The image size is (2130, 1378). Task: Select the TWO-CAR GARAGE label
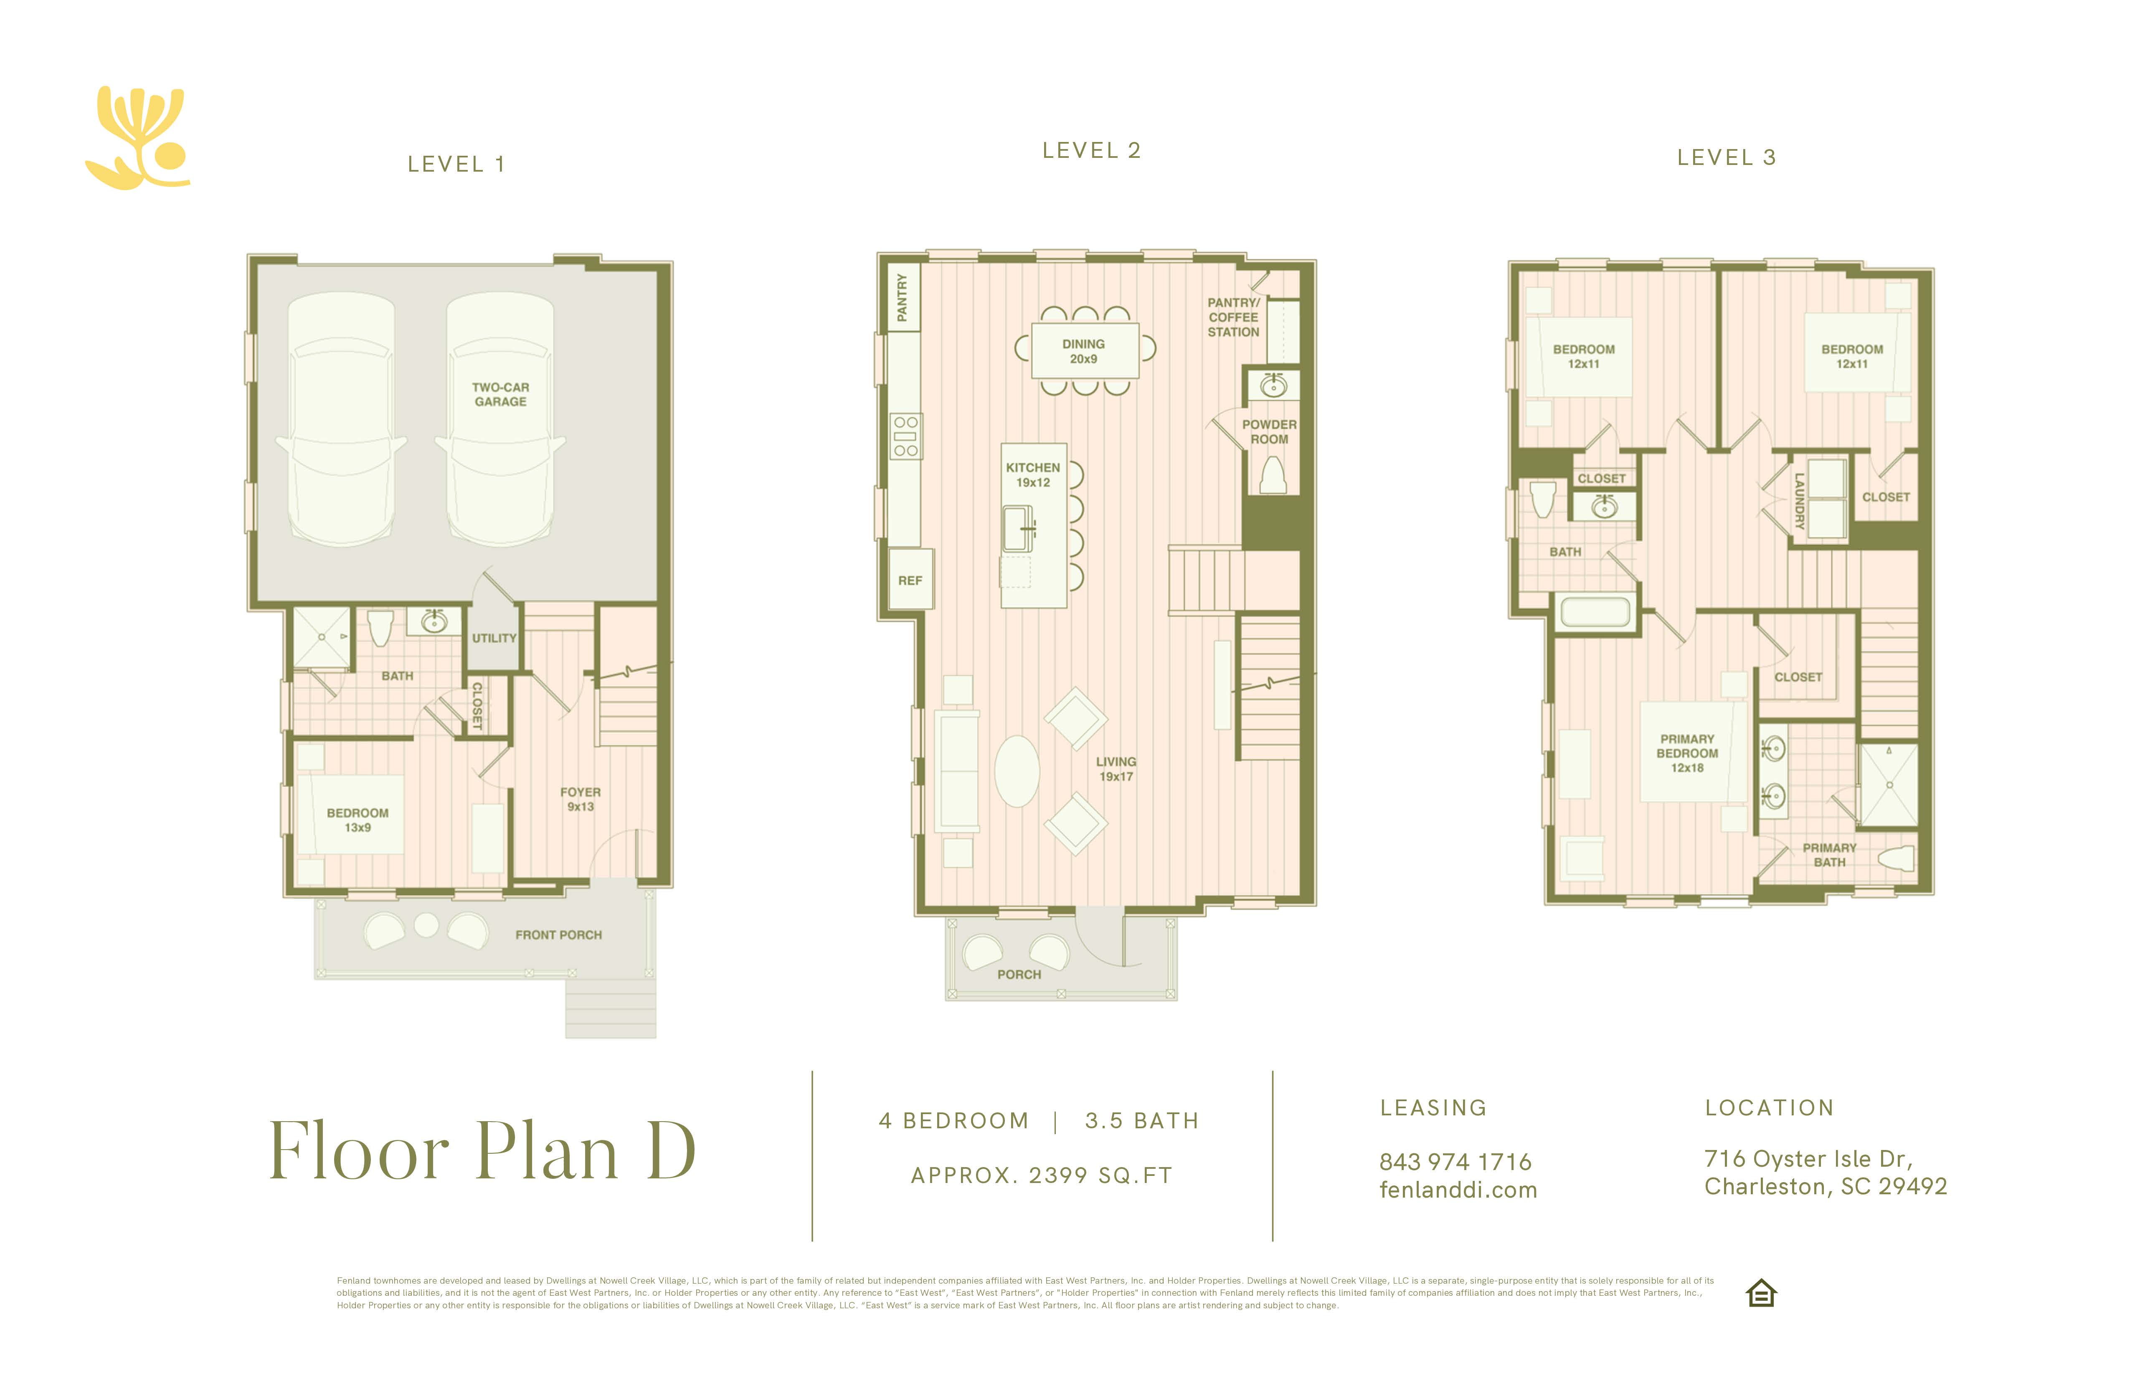click(x=500, y=395)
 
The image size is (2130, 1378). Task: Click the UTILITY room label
click(x=494, y=638)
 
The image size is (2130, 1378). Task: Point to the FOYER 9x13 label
click(x=580, y=799)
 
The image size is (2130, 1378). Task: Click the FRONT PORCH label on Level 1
click(x=558, y=935)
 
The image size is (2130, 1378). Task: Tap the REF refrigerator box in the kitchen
click(x=910, y=580)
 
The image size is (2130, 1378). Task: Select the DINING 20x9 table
click(x=1085, y=351)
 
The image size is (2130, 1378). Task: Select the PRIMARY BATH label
click(x=1829, y=854)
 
